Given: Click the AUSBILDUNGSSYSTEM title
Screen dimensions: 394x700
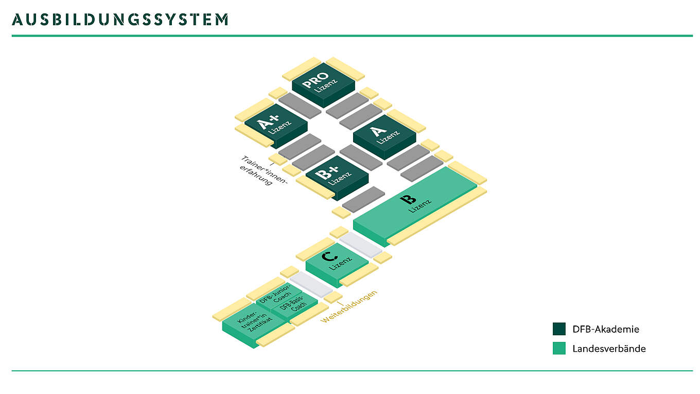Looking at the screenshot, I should click(120, 20).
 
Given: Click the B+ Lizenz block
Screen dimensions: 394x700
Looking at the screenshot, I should click(337, 177).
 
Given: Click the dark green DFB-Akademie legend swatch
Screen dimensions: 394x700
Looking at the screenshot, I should click(559, 329).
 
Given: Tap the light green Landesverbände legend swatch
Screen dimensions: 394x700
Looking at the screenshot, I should click(559, 349).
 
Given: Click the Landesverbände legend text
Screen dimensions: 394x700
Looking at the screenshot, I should click(609, 349).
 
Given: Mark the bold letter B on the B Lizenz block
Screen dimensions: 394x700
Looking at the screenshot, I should click(408, 198).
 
